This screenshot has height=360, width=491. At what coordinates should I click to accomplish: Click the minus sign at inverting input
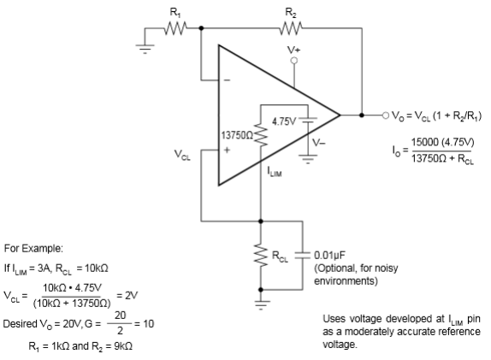pos(227,80)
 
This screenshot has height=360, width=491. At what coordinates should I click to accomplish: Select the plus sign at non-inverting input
pos(228,150)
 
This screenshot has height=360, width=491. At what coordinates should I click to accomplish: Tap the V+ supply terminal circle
pos(294,61)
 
